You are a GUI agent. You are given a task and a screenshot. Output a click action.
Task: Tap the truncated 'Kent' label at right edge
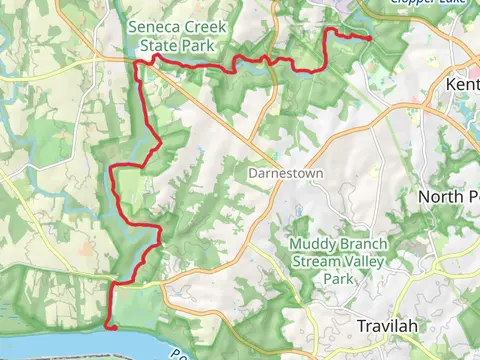tap(463, 85)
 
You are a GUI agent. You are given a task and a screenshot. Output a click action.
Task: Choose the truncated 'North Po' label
tap(450, 196)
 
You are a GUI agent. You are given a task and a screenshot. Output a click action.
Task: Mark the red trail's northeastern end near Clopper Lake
tap(371, 39)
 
